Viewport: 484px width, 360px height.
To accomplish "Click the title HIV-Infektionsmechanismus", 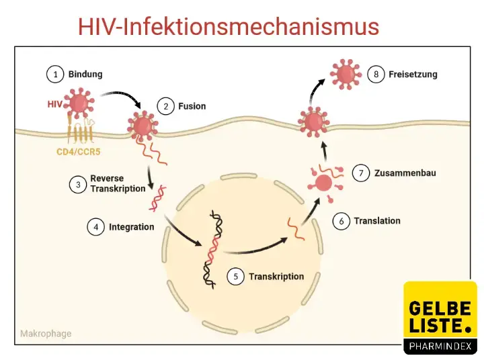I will [229, 27].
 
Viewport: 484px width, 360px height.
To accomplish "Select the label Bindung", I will [85, 74].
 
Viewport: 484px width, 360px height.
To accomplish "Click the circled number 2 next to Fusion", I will [165, 106].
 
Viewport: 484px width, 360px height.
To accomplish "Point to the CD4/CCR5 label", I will [79, 152].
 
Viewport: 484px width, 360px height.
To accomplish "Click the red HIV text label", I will [55, 105].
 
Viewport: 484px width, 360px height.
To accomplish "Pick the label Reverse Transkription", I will [118, 183].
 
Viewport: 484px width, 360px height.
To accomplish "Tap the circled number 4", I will [95, 227].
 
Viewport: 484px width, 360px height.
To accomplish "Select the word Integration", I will [132, 227].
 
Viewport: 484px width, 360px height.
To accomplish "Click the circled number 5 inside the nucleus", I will [235, 276].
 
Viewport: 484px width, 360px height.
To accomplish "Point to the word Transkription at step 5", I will [276, 276].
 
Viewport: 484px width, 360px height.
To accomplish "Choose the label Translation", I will [377, 220].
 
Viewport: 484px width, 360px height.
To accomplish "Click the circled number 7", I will [362, 173].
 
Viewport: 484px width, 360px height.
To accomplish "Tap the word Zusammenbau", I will [406, 173].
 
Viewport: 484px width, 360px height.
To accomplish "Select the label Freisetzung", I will [413, 74].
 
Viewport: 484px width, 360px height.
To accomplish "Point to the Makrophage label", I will [46, 333].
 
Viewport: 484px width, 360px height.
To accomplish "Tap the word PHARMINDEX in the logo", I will [440, 347].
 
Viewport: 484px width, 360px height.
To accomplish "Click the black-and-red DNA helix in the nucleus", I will [213, 249].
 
